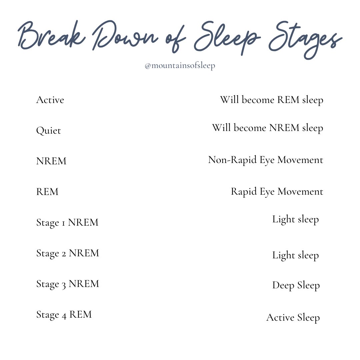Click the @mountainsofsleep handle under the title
point(180,66)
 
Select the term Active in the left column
point(50,100)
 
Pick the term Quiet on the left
point(48,130)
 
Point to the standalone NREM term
point(51,161)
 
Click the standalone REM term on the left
point(47,192)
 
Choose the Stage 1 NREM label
point(67,222)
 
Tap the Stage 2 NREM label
point(68,253)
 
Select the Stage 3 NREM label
point(68,284)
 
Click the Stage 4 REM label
point(64,314)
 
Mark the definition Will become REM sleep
point(271,100)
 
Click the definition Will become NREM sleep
point(267,128)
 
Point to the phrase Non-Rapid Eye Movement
point(266,160)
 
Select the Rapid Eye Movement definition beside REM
point(277,192)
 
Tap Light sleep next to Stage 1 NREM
point(295,219)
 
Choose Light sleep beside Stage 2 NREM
point(295,255)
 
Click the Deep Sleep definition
point(296,285)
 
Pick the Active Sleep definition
point(293,317)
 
